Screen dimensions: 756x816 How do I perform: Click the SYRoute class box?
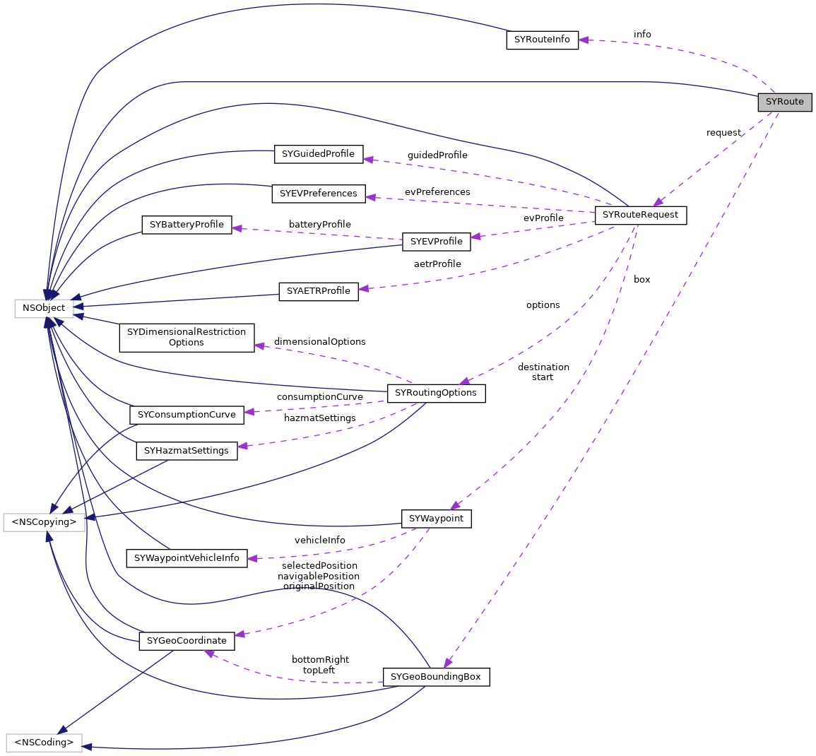click(x=784, y=102)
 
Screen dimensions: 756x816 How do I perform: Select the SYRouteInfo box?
click(x=542, y=40)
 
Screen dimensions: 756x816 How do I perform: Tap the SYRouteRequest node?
click(x=640, y=215)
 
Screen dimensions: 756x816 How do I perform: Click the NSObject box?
click(x=44, y=308)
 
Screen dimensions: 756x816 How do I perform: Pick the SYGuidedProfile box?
click(x=318, y=153)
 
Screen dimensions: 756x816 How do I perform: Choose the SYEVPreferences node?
click(x=318, y=193)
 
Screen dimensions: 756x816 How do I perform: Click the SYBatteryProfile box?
click(x=187, y=225)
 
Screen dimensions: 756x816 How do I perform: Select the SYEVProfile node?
click(x=436, y=242)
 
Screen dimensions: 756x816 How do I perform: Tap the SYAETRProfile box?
click(x=319, y=291)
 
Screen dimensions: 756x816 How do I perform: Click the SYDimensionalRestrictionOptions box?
click(x=187, y=338)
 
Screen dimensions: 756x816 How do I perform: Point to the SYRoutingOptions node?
click(x=436, y=393)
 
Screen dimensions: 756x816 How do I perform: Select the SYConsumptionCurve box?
click(x=187, y=415)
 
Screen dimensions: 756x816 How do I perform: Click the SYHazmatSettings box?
click(x=187, y=451)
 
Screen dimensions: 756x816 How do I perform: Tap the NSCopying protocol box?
click(x=44, y=522)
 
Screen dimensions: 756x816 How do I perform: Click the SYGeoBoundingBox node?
click(x=436, y=677)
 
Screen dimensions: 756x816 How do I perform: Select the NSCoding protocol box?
click(x=44, y=743)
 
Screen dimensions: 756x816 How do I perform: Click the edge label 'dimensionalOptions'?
click(x=319, y=342)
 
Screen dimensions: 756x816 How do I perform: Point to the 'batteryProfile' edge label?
click(x=319, y=225)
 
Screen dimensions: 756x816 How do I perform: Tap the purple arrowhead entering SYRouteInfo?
click(x=584, y=40)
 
